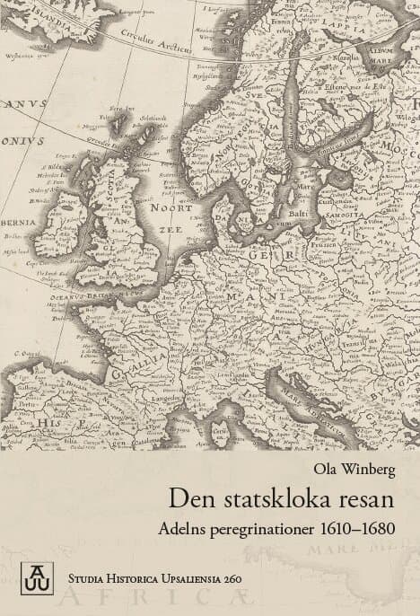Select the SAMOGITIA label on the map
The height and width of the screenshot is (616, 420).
(345, 215)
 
